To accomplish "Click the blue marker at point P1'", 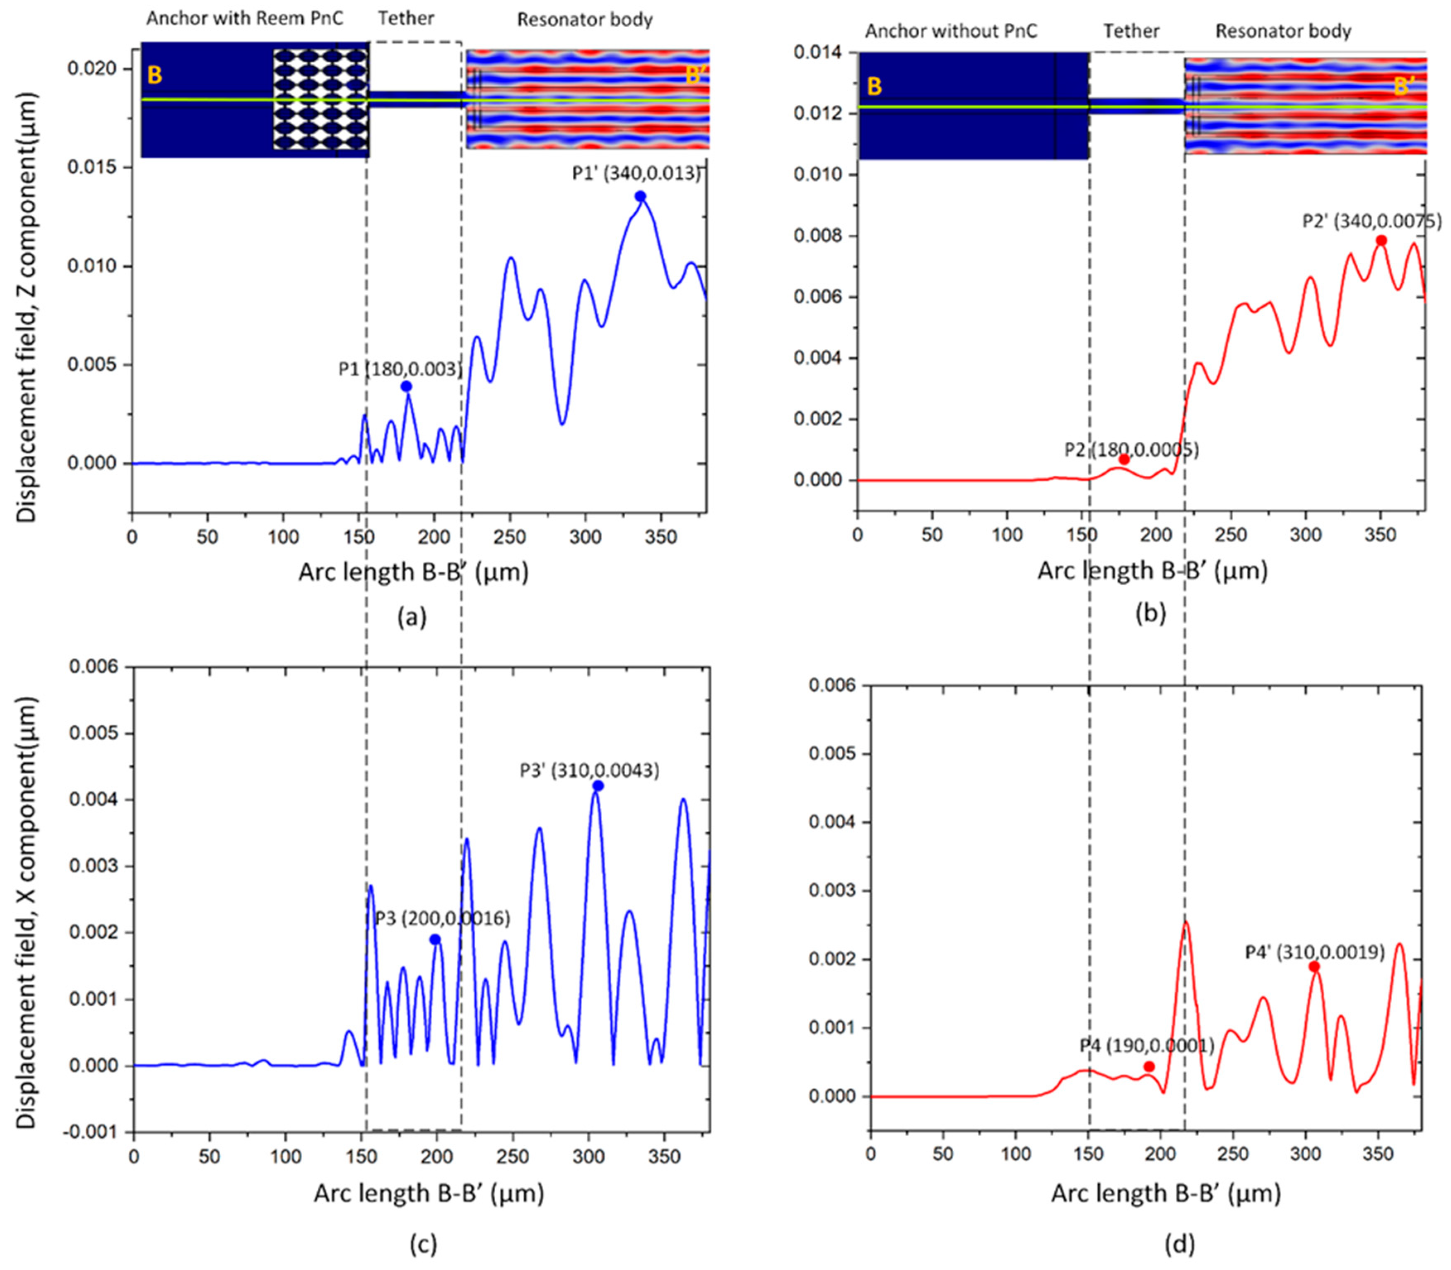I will click(x=640, y=196).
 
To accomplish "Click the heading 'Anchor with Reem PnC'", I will click(x=245, y=19).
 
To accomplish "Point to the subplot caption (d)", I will click(x=1179, y=1244).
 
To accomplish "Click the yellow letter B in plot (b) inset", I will click(x=875, y=87).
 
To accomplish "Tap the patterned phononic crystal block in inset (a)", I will click(x=321, y=100).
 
